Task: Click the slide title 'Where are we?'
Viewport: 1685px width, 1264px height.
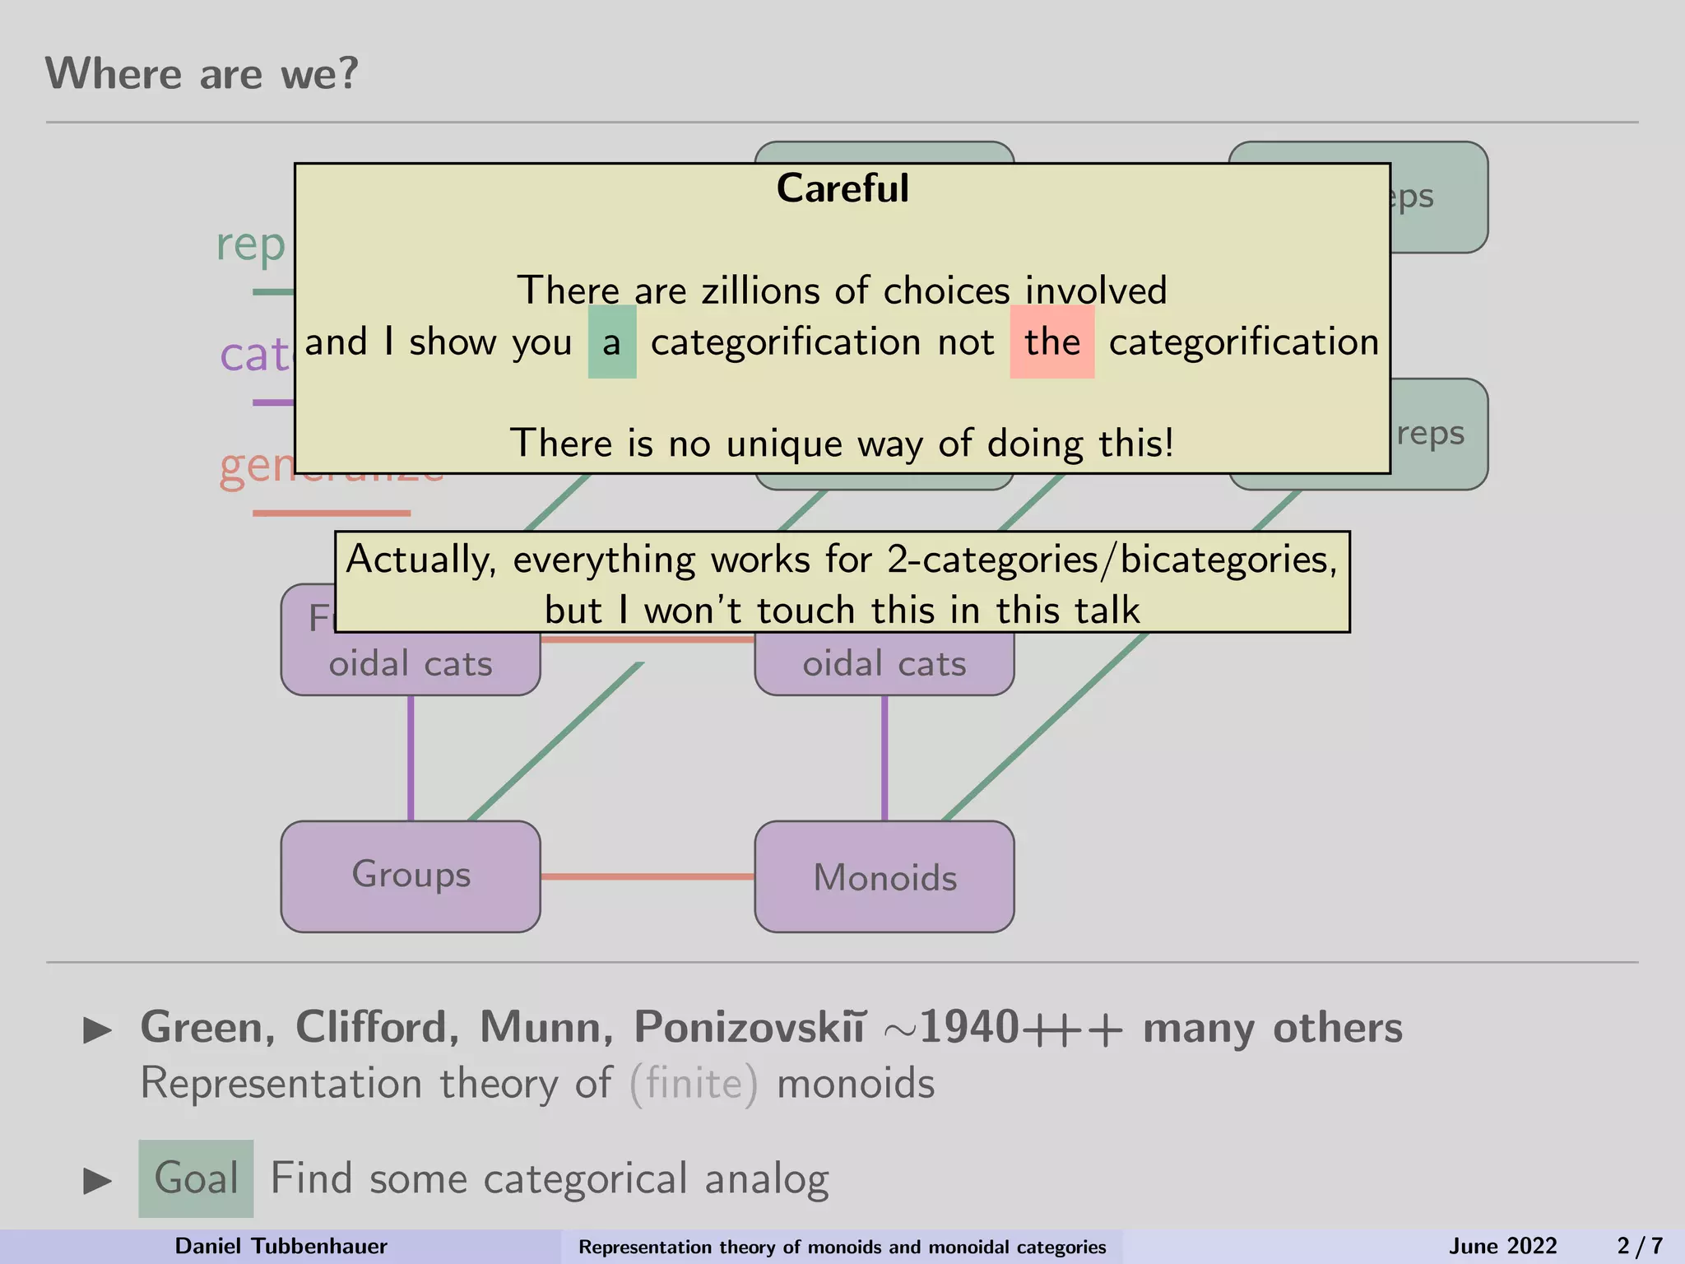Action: [x=202, y=74]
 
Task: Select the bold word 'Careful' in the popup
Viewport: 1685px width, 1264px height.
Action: [x=842, y=188]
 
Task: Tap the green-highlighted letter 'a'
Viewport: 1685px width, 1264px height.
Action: [x=611, y=342]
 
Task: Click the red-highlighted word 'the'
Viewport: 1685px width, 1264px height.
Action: [x=1051, y=342]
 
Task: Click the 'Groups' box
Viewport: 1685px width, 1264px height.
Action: [x=411, y=876]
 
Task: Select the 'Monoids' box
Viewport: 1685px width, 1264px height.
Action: [x=884, y=877]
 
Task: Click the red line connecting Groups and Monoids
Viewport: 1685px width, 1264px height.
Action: [x=648, y=876]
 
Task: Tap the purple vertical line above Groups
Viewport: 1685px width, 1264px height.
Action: [x=411, y=757]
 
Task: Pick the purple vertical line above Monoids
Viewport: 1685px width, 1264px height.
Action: [x=884, y=757]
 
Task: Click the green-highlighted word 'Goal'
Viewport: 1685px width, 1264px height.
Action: [x=197, y=1178]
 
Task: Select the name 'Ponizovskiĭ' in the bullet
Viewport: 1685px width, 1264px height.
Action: [x=749, y=1027]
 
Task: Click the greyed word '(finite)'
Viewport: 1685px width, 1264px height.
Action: [x=694, y=1083]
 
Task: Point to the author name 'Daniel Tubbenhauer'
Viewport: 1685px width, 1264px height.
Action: [x=281, y=1246]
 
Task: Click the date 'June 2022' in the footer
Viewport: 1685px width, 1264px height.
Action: [x=1502, y=1246]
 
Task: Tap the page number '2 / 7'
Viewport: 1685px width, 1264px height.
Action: [x=1640, y=1246]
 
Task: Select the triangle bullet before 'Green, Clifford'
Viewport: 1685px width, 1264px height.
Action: [x=98, y=1029]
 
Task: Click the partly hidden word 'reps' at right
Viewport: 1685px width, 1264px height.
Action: [x=1431, y=434]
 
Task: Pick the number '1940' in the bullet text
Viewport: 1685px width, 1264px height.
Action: [x=969, y=1027]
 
